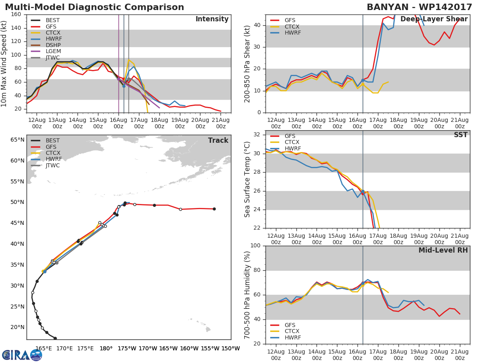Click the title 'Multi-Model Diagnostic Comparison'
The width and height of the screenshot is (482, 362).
94,7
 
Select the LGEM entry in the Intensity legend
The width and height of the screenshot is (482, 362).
53,51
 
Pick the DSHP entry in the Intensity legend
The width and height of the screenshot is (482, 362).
53,45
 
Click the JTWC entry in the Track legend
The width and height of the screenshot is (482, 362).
53,166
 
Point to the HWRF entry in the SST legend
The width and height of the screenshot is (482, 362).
293,149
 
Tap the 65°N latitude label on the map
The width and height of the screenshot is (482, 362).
17,140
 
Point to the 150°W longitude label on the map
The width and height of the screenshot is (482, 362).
231,349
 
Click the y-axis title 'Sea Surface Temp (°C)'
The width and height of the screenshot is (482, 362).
247,179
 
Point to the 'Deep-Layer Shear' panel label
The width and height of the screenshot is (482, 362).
434,19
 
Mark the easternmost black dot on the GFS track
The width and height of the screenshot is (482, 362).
214,209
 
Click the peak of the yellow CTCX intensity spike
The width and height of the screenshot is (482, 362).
129,60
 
